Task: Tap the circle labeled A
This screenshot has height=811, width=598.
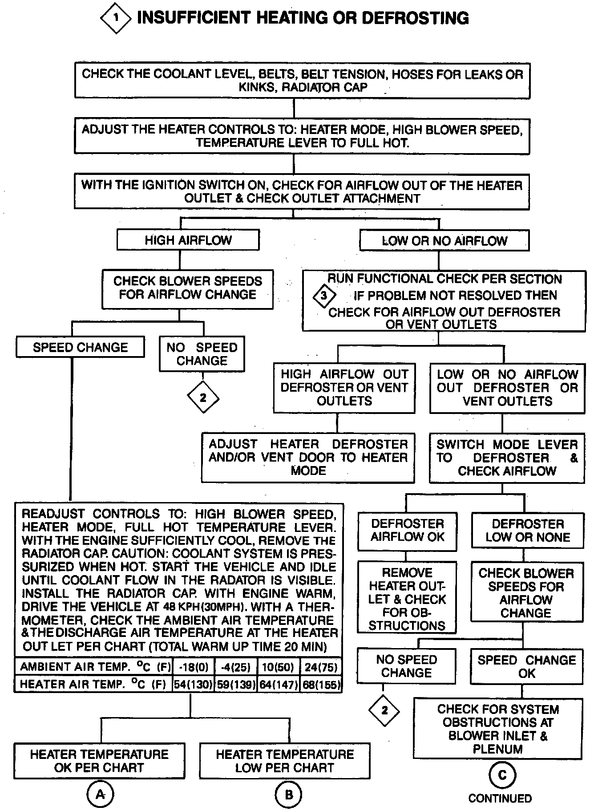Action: click(x=101, y=794)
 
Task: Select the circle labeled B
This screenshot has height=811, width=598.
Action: click(x=288, y=794)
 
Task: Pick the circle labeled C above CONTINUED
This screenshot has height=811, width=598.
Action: click(x=502, y=775)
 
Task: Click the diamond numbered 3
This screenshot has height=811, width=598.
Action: click(x=324, y=296)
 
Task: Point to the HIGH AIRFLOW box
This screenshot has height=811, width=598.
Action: click(x=188, y=240)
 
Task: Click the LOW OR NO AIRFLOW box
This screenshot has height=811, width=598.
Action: click(x=444, y=241)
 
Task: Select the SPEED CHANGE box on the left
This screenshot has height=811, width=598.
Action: click(x=80, y=347)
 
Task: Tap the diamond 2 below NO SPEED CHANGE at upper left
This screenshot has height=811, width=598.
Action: click(x=203, y=397)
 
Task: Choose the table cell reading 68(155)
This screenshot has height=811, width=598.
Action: click(x=320, y=684)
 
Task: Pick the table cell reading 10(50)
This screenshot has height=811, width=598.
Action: click(x=279, y=667)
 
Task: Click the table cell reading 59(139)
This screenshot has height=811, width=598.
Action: click(x=236, y=684)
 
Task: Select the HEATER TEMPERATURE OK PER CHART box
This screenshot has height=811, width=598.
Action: click(x=99, y=761)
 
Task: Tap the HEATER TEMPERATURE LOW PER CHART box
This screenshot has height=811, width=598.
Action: click(x=285, y=761)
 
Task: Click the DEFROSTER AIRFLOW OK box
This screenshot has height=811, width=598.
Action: click(x=407, y=530)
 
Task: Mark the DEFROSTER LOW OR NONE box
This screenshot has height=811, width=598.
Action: click(x=527, y=530)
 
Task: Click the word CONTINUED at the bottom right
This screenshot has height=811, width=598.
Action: click(x=500, y=798)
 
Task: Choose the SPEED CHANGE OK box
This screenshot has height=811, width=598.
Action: click(x=526, y=666)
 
